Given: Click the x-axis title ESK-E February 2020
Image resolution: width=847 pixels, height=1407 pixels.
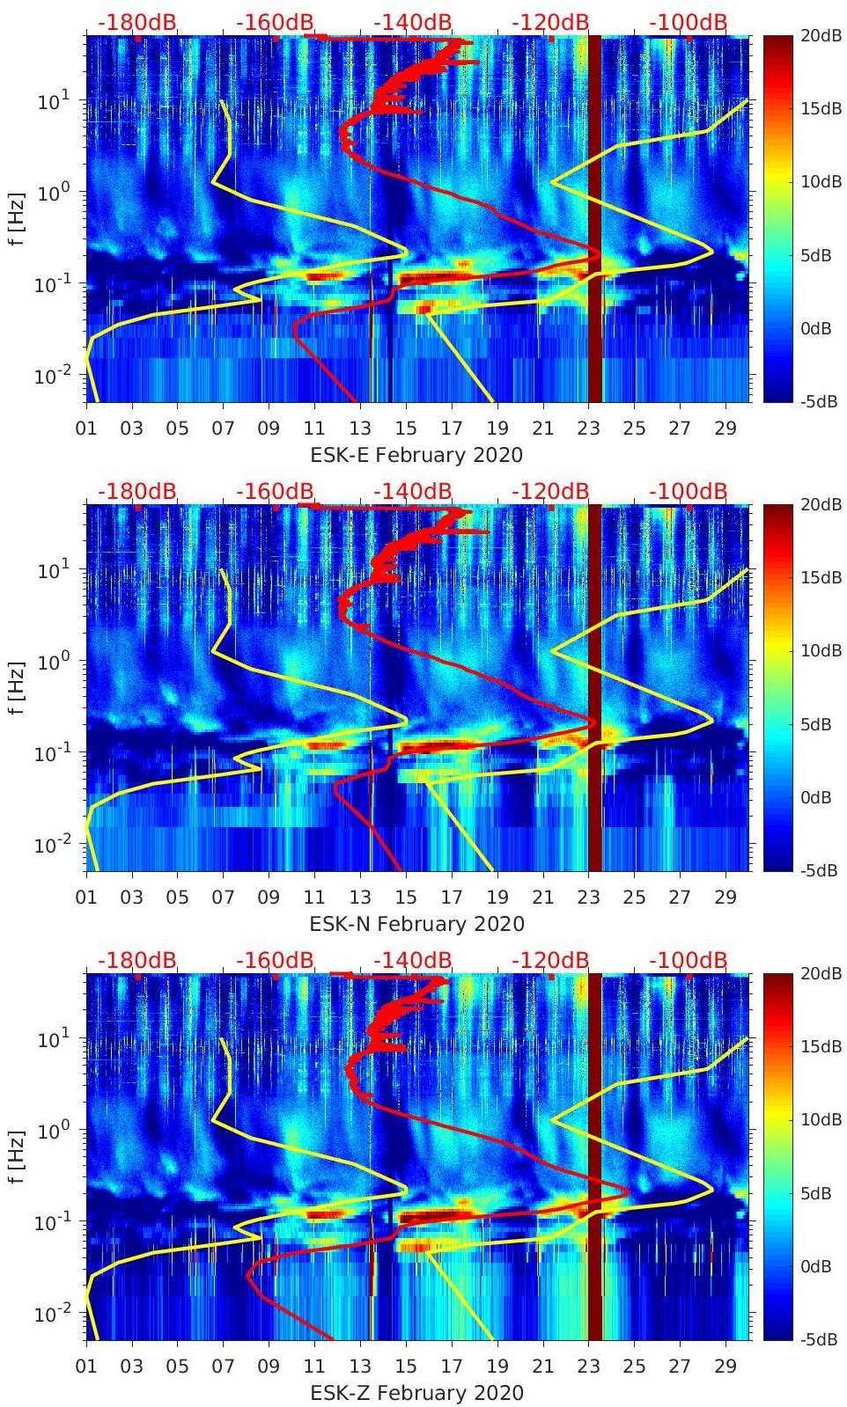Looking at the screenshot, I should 416,455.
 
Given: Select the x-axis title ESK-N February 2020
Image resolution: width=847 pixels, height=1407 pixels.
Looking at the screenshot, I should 416,924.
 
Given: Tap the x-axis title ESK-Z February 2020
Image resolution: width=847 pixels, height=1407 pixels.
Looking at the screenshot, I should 416,1393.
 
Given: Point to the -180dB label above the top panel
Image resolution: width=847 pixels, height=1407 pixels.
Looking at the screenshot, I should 136,22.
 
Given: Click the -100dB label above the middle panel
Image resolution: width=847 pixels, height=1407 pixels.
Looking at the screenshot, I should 689,491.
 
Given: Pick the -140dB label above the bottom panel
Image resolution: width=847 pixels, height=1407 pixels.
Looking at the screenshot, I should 412,960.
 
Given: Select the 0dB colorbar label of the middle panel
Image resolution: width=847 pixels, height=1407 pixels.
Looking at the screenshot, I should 816,797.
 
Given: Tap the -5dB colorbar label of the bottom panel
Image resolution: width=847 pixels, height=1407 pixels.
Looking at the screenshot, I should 816,1340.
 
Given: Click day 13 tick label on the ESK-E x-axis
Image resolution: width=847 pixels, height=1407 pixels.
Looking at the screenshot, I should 360,429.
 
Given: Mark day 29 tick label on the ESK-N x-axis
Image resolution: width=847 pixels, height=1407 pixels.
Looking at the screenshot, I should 725,898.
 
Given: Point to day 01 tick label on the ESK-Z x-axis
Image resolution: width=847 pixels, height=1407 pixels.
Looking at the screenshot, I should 86,1367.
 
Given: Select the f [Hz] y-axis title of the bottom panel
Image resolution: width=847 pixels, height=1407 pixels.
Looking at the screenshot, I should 16,1156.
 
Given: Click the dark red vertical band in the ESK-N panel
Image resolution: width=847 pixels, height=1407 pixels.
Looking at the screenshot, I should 595,686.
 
